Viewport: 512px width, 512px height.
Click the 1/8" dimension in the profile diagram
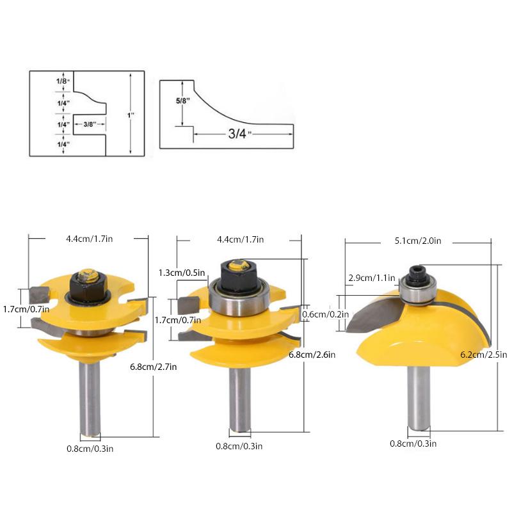pos(61,81)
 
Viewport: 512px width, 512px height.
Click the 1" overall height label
pos(131,115)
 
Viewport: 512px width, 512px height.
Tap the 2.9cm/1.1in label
pos(371,278)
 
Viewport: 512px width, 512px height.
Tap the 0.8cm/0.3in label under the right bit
pos(413,443)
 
